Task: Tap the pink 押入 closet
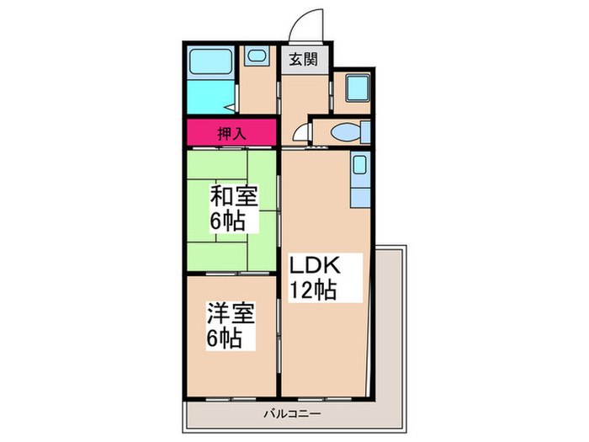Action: coord(231,132)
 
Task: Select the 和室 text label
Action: coord(233,199)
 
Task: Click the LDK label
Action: coord(315,265)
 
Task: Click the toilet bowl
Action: coord(344,132)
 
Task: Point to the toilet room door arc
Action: coord(300,133)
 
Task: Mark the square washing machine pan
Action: coord(353,88)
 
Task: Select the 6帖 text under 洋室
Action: coord(227,338)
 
